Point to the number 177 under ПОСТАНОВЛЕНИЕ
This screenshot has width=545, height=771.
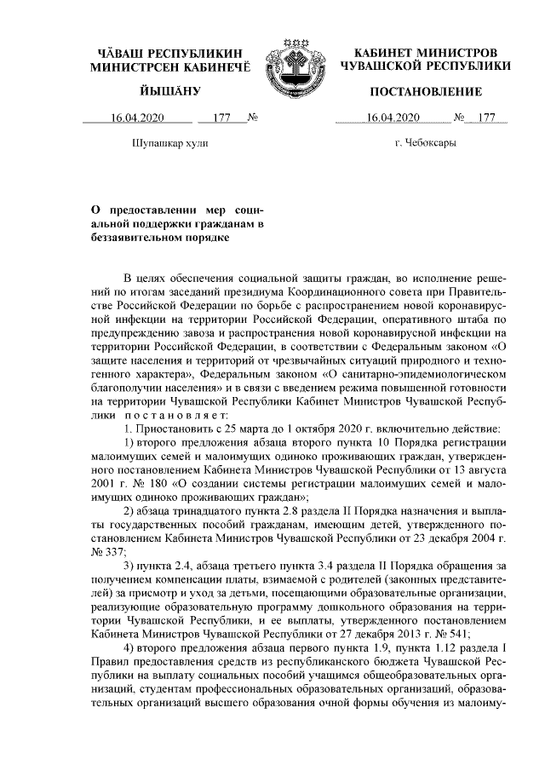[486, 118]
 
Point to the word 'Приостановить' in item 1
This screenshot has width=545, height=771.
[175, 428]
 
